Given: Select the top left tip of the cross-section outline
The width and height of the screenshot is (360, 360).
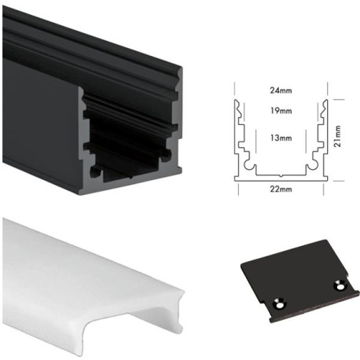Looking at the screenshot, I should tap(237, 101).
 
